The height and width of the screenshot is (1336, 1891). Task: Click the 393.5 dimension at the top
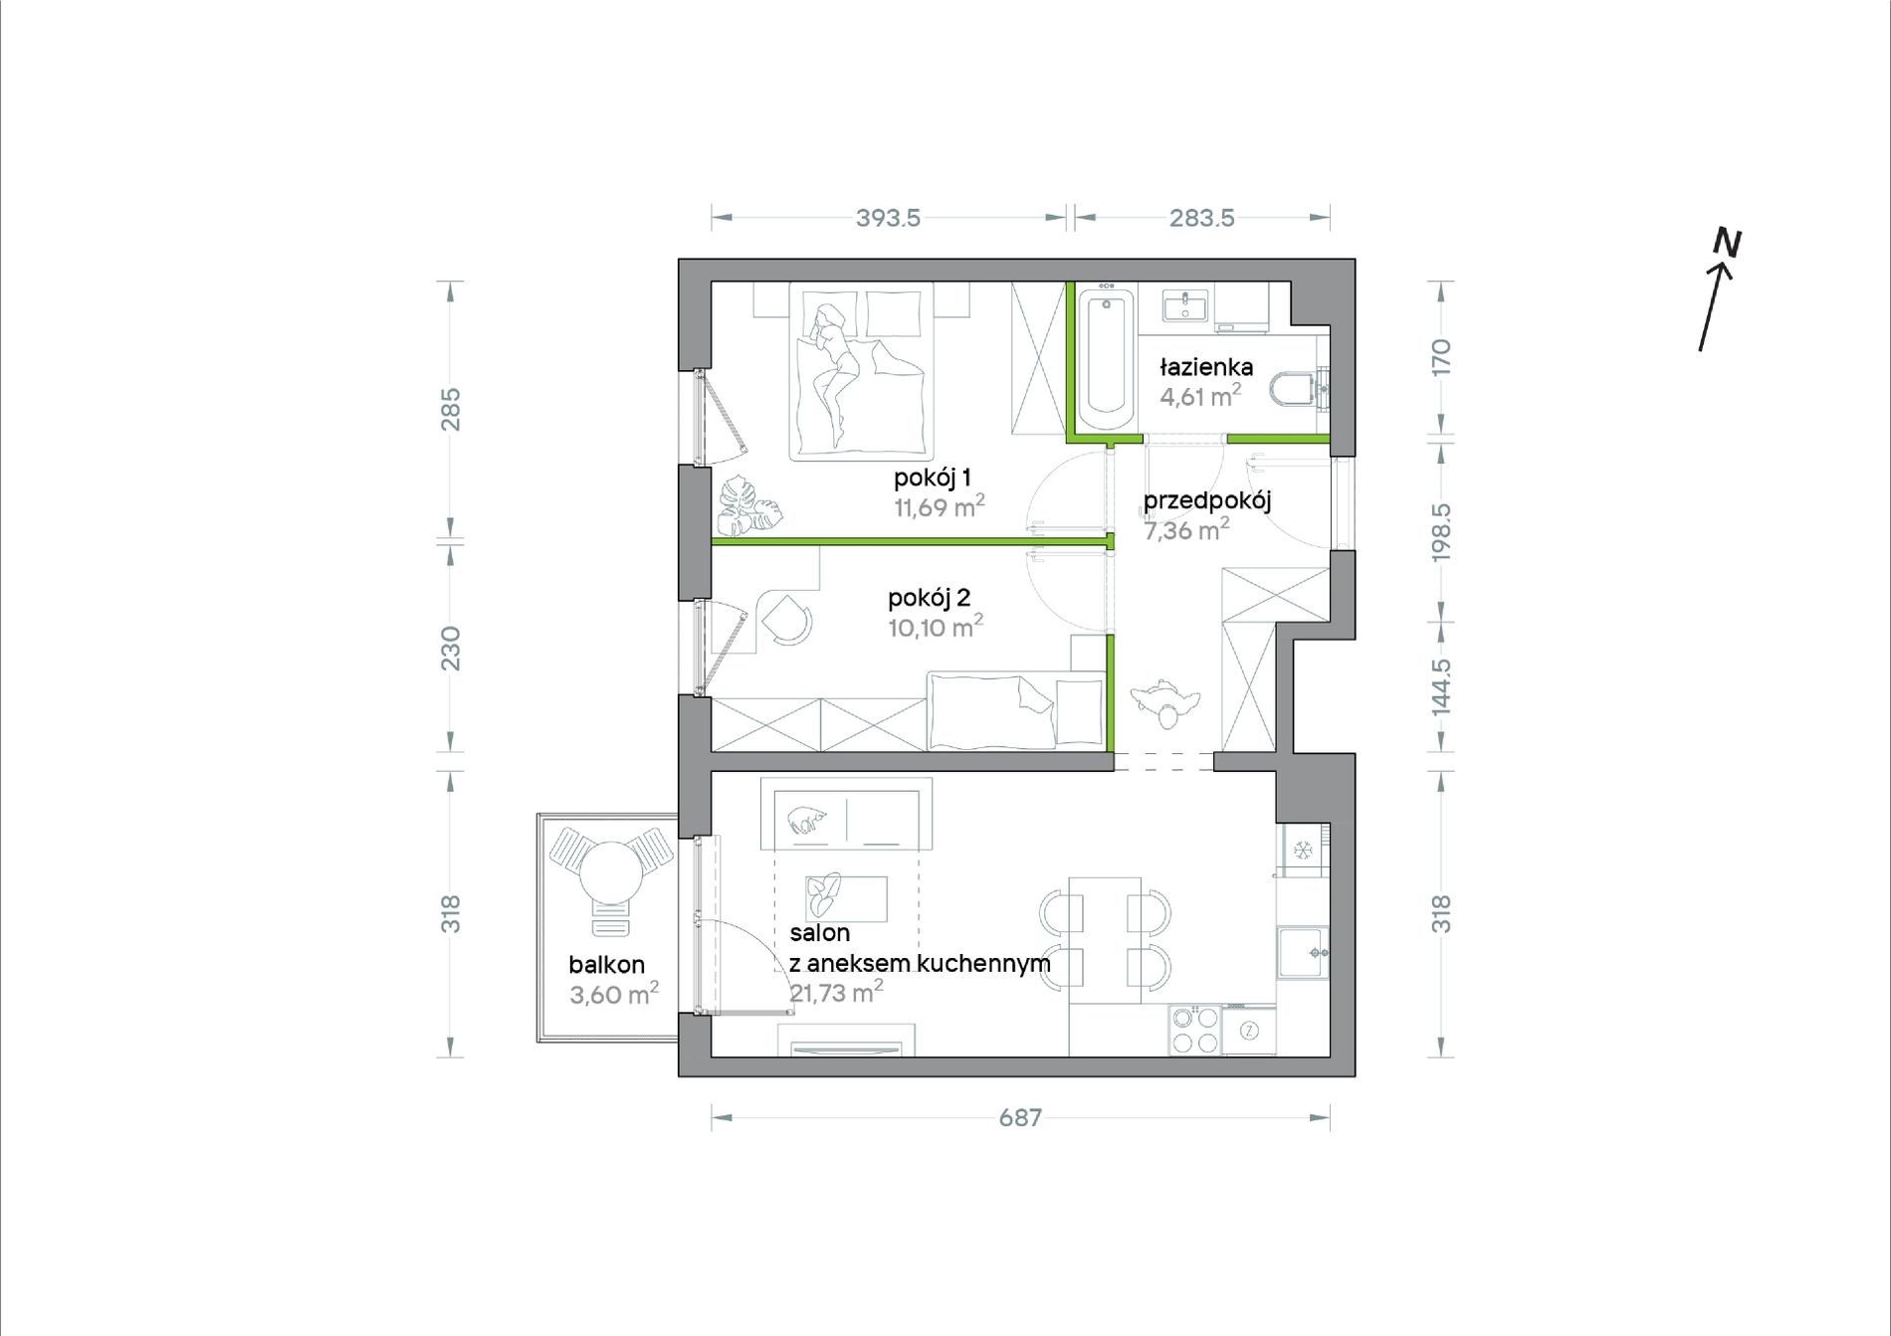[x=888, y=218]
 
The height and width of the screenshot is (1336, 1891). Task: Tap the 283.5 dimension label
[x=1201, y=218]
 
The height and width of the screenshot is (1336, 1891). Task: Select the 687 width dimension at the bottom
[x=1020, y=1117]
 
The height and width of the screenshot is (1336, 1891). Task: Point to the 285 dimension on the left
[x=451, y=409]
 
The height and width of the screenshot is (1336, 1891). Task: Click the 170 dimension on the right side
[x=1441, y=356]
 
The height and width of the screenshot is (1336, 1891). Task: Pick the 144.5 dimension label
[x=1441, y=686]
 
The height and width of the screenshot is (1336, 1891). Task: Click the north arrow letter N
[x=1727, y=244]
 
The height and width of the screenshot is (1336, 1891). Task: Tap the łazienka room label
[x=1206, y=367]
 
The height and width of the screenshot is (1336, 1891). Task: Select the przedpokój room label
[x=1207, y=501]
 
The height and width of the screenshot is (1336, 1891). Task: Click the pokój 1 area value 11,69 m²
[x=940, y=506]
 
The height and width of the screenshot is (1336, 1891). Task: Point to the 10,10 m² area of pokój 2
[x=936, y=627]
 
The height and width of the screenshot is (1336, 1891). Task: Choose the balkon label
[x=607, y=964]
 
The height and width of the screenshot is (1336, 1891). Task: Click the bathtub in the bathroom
[x=1106, y=359]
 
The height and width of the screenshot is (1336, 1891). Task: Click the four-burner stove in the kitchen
[x=1195, y=1030]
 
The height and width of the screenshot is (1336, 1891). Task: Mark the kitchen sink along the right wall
[x=1303, y=952]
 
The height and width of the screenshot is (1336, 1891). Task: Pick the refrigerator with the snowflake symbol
[x=1304, y=850]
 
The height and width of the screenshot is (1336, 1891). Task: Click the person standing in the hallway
[x=1164, y=702]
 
